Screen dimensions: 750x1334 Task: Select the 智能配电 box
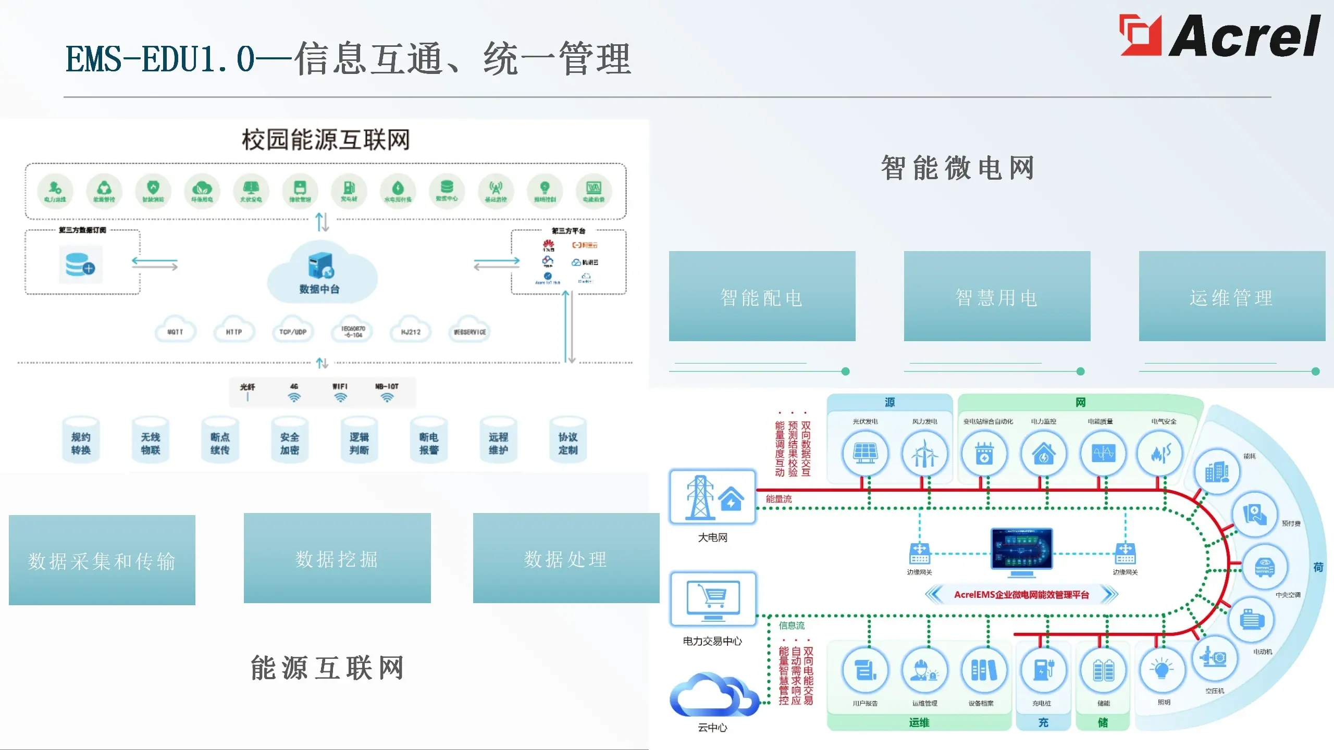(762, 296)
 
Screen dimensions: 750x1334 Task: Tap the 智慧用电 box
(997, 296)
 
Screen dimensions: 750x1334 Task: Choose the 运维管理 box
(1232, 296)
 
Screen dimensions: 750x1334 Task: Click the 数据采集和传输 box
(102, 560)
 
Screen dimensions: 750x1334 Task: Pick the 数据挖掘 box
(337, 558)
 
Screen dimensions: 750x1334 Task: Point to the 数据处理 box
(566, 558)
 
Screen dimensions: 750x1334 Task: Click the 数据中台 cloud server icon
(320, 266)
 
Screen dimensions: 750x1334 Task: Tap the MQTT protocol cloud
(176, 330)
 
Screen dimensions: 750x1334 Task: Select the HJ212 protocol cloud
(411, 330)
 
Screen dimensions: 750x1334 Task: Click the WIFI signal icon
(340, 397)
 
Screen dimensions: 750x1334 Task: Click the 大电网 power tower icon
(700, 497)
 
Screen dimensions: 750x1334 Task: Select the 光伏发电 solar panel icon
(865, 453)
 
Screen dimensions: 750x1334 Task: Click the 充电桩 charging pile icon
(1043, 670)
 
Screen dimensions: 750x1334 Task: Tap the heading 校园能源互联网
(326, 140)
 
